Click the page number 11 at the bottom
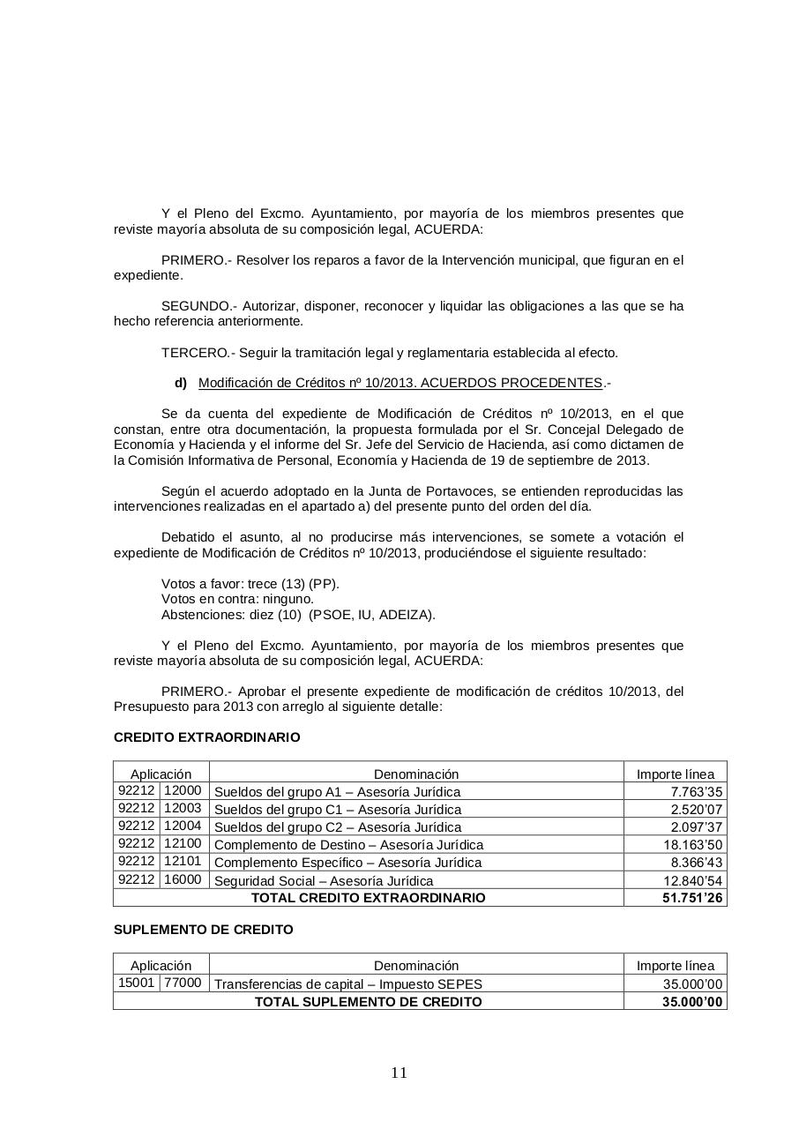click(399, 1073)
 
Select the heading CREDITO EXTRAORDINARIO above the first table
click(206, 737)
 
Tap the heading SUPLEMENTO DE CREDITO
click(204, 930)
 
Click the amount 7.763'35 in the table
click(698, 792)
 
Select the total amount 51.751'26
click(692, 898)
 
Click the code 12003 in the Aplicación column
click(183, 808)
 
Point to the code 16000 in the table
click(183, 879)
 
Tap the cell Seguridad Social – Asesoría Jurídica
click(324, 880)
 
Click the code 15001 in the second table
click(136, 983)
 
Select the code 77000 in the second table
click(183, 983)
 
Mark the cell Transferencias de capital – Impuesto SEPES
click(348, 984)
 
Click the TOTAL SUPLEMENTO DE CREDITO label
click(368, 1002)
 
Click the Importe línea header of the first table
click(675, 774)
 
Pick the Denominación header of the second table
click(416, 966)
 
